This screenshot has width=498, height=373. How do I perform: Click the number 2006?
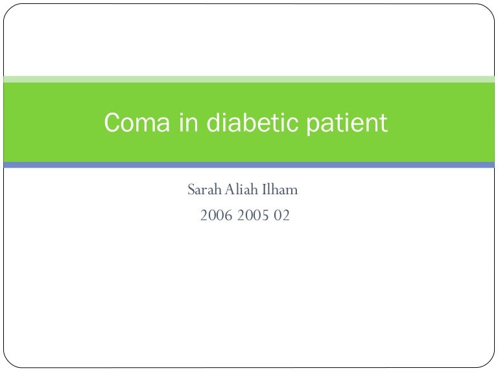216,216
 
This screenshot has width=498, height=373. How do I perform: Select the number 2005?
254,216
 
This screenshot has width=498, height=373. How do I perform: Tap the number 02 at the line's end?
281,216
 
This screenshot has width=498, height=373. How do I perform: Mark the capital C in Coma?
113,122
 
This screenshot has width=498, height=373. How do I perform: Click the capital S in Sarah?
191,190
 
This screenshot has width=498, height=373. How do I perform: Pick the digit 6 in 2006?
228,216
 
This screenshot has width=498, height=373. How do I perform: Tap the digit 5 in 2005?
266,216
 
